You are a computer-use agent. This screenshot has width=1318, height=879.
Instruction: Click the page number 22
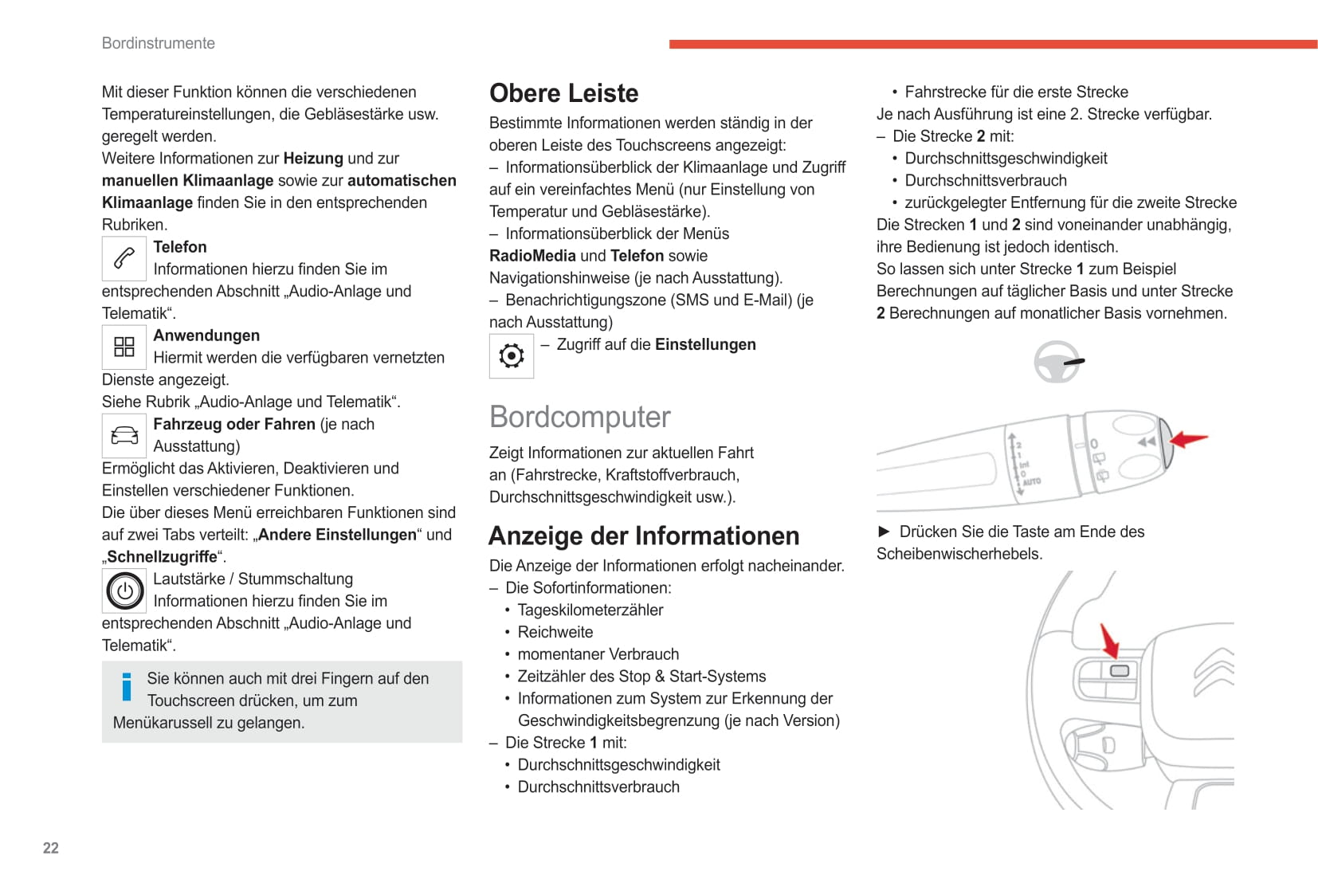coord(51,848)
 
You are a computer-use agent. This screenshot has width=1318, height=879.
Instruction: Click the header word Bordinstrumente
coord(158,43)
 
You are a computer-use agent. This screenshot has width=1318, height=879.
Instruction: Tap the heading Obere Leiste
coord(563,93)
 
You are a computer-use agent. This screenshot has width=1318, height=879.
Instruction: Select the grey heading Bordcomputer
coord(579,417)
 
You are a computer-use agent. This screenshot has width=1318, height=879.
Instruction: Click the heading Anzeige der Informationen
coord(644,536)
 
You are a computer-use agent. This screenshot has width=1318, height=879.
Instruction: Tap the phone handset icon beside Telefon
coord(124,258)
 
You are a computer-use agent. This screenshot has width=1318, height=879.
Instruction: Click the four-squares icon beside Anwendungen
coord(124,347)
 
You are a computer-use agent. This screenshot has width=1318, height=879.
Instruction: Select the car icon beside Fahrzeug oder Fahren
coord(124,435)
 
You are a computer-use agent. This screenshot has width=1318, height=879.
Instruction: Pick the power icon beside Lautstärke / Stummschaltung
coord(124,591)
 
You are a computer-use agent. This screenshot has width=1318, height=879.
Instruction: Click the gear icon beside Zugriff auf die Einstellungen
coord(512,355)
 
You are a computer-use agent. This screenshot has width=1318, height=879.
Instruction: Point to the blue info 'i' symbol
coord(127,687)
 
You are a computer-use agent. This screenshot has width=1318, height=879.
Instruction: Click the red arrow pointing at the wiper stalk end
coord(1189,439)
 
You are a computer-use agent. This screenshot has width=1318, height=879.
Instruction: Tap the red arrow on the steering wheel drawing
coord(1109,641)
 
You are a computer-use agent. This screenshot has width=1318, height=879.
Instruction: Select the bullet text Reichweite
coord(555,632)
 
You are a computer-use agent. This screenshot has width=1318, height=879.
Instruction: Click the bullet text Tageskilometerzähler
coord(590,610)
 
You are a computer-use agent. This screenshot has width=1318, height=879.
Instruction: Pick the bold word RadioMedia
coord(532,256)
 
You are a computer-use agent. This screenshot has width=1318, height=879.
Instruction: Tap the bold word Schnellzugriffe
coord(162,557)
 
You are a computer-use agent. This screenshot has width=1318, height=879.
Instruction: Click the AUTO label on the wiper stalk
coord(1032,481)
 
